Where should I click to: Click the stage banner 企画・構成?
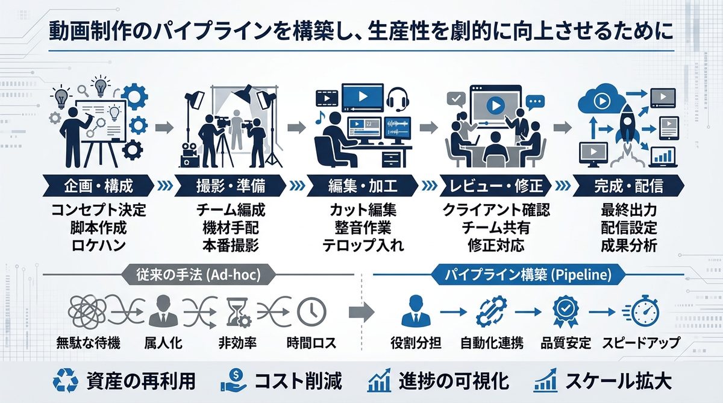(98, 186)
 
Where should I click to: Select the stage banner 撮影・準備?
(231, 186)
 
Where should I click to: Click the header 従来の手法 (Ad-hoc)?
(199, 275)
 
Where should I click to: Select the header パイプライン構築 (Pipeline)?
(527, 275)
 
